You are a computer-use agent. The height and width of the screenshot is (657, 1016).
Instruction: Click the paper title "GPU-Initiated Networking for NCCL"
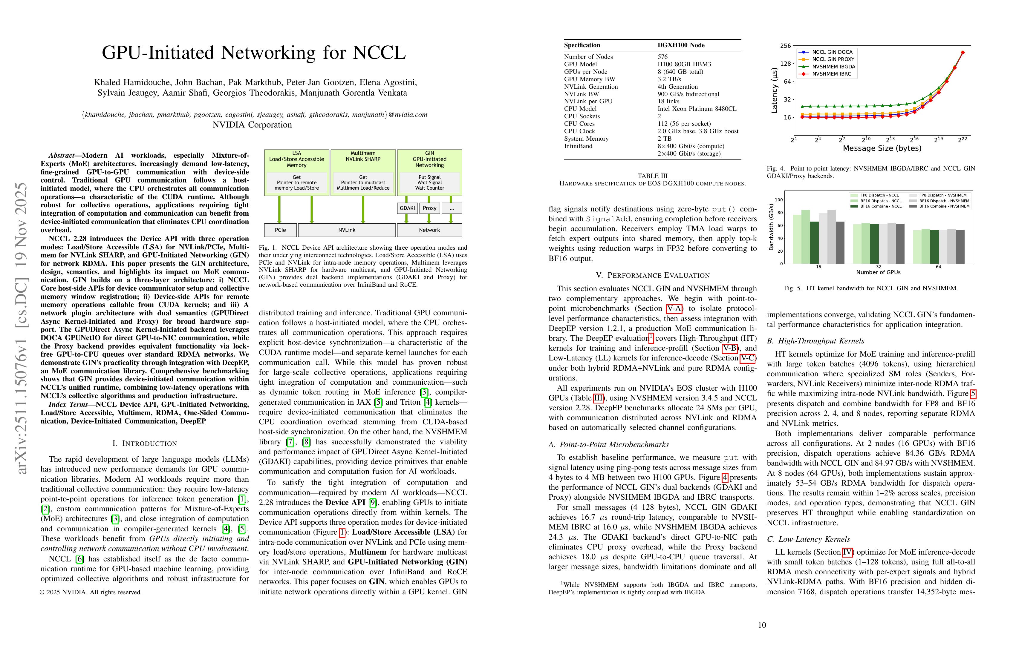pos(254,53)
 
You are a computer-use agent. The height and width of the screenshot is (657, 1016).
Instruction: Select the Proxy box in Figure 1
pos(429,208)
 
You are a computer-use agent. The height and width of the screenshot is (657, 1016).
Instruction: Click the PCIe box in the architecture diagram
pos(280,230)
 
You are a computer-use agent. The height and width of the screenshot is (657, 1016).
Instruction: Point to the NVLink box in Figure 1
pos(347,230)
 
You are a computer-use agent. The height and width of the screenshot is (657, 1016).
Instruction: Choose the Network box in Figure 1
pos(429,230)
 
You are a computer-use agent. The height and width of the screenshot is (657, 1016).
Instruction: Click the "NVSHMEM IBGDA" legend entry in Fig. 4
pos(833,67)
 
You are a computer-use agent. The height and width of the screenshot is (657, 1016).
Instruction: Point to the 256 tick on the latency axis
pos(786,46)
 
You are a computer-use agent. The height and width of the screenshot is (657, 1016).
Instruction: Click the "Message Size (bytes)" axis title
pos(882,148)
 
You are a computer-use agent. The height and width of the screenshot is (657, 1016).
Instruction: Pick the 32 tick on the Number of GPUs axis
pos(878,267)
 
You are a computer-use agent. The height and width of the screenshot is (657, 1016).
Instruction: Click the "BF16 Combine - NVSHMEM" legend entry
pos(944,206)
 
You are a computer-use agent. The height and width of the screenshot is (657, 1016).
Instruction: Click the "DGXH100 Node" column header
pos(681,45)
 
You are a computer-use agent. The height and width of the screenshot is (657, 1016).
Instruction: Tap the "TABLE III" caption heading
pos(652,176)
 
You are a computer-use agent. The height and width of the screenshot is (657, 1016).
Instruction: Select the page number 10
pos(762,625)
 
